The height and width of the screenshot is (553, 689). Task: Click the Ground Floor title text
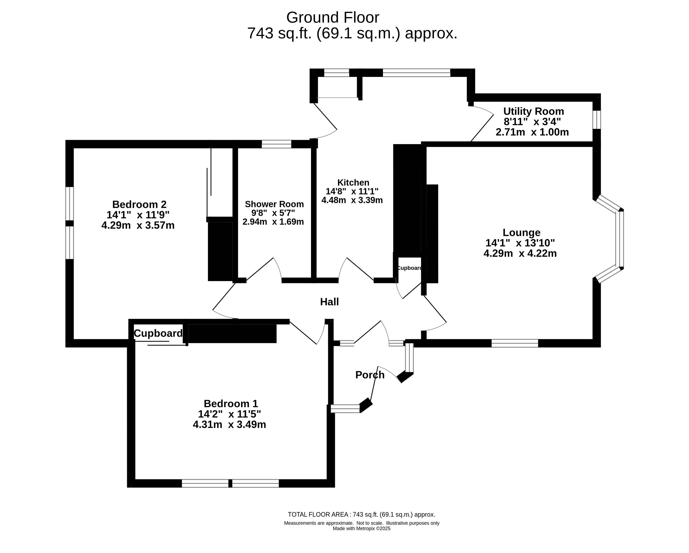point(333,17)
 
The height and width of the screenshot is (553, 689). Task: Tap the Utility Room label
point(533,111)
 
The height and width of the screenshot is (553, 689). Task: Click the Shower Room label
point(274,204)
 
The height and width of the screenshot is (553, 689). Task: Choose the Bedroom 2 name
point(139,204)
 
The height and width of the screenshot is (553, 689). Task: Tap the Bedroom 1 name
point(231,403)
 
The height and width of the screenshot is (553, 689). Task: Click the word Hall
point(329,302)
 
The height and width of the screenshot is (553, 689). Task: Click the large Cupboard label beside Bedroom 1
point(158,334)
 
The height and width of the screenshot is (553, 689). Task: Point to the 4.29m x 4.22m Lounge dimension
point(520,253)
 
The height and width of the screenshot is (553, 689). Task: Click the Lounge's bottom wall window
point(515,343)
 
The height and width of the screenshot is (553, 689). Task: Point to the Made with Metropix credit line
point(361,529)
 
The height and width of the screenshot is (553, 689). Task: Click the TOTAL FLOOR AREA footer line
point(361,515)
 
